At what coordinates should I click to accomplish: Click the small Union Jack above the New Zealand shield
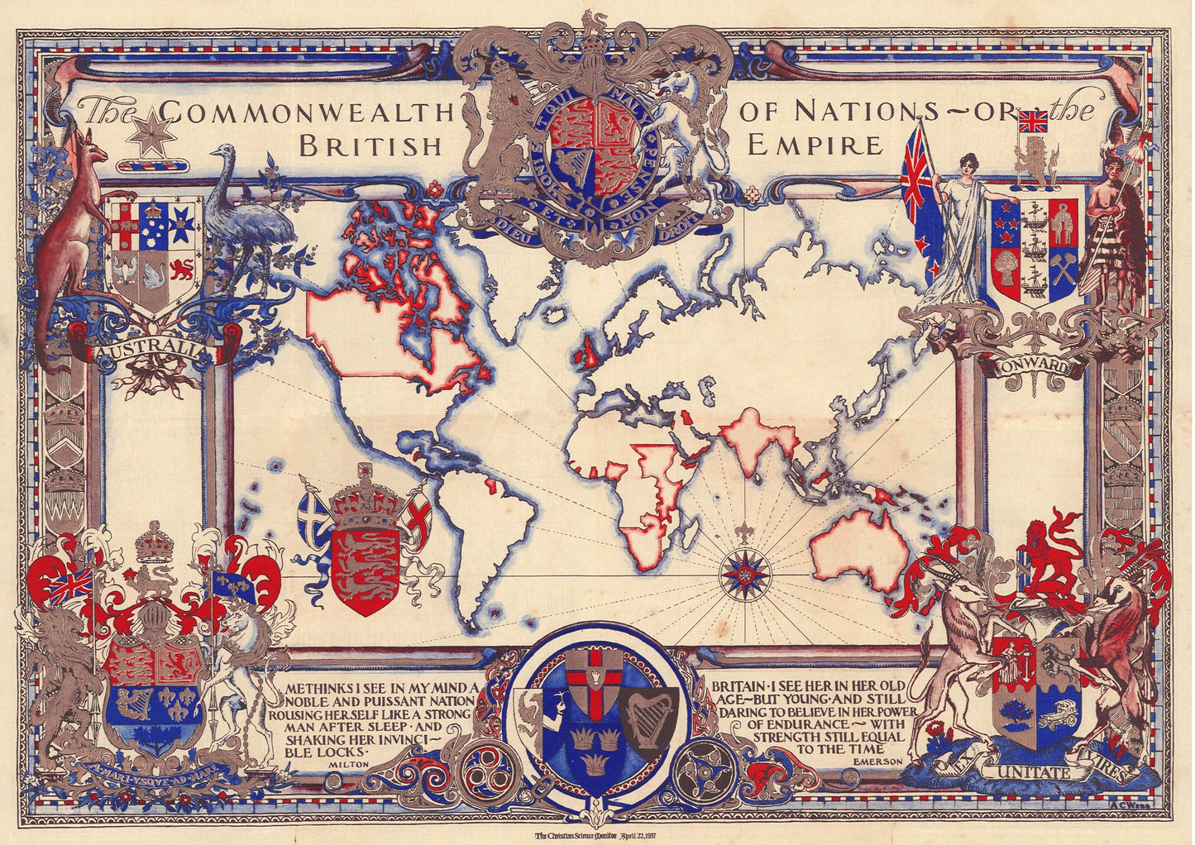pos(1032,122)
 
